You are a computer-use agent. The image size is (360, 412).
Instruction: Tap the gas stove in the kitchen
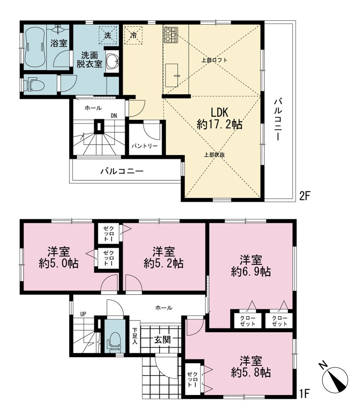click(171, 35)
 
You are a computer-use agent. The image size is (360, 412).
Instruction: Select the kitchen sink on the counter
click(172, 75)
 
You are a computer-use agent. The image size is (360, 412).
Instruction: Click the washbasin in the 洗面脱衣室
click(112, 62)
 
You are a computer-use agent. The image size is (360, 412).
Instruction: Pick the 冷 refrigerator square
click(134, 35)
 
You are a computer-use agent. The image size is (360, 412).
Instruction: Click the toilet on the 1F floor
click(114, 341)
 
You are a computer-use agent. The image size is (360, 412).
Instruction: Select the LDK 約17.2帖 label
click(220, 118)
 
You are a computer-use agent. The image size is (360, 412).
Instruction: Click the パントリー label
click(145, 146)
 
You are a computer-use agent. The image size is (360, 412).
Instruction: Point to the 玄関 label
click(162, 339)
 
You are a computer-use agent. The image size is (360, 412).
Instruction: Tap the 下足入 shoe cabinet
click(135, 336)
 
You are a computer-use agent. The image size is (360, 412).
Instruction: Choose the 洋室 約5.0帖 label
click(59, 257)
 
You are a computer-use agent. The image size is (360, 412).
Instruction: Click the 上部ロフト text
click(214, 60)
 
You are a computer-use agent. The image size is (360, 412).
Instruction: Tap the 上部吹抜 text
click(215, 155)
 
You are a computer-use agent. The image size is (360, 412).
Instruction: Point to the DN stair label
click(114, 115)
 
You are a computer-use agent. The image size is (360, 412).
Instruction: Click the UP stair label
click(83, 314)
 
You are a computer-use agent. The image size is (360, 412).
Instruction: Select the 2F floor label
click(305, 196)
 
